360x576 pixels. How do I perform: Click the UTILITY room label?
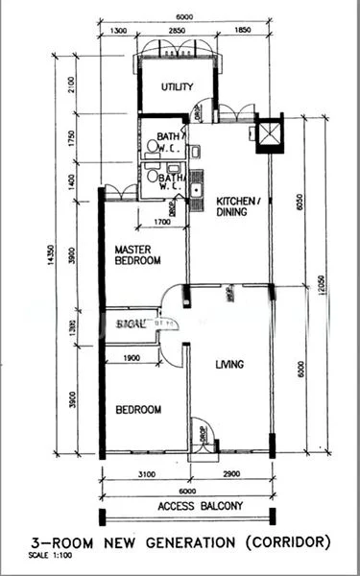click(x=177, y=87)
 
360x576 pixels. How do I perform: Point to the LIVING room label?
click(x=228, y=364)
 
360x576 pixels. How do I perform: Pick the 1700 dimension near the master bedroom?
click(x=162, y=224)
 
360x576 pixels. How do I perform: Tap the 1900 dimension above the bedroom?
click(x=133, y=358)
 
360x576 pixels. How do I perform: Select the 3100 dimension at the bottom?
click(x=146, y=474)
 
